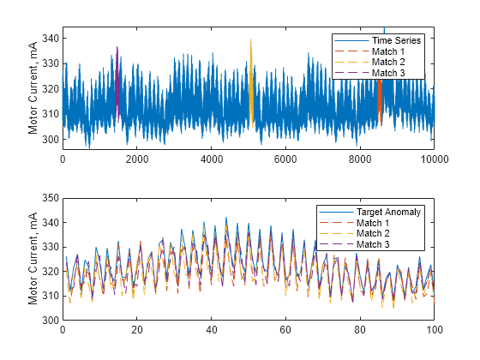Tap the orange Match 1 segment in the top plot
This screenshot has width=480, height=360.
380,103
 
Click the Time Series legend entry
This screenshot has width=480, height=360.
389,40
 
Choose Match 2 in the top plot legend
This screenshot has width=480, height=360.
388,63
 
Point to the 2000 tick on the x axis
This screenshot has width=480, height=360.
137,159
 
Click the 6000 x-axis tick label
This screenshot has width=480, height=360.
285,159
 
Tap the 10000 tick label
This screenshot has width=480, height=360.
434,159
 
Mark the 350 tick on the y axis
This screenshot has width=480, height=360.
48,199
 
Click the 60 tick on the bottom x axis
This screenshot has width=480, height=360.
285,330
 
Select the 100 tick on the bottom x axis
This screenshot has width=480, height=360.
434,330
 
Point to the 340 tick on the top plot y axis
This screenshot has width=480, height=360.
48,39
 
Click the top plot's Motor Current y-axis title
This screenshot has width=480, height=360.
33,88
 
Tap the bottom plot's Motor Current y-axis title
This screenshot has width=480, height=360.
33,259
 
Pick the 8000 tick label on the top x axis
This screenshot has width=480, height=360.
360,159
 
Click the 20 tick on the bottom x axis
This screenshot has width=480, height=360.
137,330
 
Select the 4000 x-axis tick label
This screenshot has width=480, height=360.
212,159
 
